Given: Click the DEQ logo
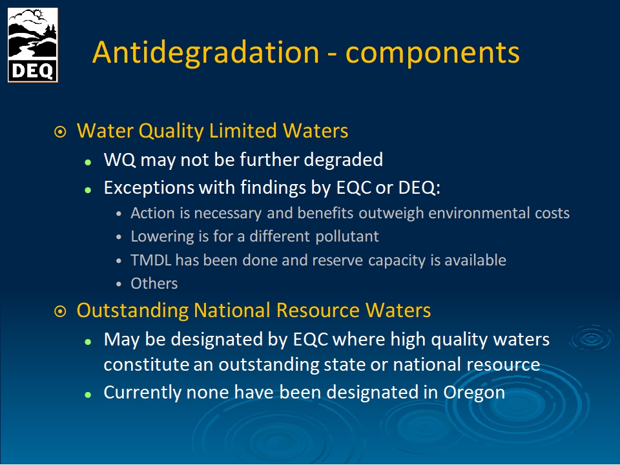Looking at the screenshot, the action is click(33, 45).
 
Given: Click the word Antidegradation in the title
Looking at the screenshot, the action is click(205, 53).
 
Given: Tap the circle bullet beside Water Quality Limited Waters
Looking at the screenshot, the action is click(60, 132).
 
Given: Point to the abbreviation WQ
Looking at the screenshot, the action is click(120, 160).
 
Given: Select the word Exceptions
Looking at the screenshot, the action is click(149, 187).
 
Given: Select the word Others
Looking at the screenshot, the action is click(154, 284).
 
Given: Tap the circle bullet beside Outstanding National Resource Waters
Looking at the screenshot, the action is click(60, 311).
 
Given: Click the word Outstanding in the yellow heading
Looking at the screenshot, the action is click(132, 311).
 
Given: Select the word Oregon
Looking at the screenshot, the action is click(474, 393).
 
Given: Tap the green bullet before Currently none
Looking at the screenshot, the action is click(88, 394).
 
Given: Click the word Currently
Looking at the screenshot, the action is click(142, 393).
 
